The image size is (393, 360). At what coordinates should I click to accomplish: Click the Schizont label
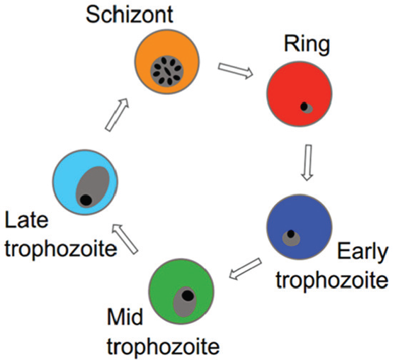click(130, 15)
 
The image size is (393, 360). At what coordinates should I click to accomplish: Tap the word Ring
click(307, 45)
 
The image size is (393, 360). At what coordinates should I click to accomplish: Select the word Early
click(363, 252)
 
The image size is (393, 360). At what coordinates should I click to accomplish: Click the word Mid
click(125, 317)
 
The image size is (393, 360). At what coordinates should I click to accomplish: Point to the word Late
click(27, 220)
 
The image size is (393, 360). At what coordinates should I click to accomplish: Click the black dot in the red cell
click(304, 106)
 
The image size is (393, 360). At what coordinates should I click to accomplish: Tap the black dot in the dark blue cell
click(291, 234)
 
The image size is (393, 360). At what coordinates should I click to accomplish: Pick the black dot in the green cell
click(188, 296)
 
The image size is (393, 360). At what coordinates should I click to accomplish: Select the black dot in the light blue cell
click(86, 200)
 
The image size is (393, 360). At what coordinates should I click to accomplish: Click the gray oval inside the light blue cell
click(93, 186)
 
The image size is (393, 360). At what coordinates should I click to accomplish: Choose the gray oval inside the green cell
click(185, 302)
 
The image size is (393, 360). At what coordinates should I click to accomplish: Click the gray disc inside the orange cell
click(167, 71)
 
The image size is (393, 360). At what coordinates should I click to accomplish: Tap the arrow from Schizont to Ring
click(235, 70)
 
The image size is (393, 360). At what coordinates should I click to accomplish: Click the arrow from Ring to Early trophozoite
click(307, 162)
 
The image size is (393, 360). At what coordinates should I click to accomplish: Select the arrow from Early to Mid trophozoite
click(246, 269)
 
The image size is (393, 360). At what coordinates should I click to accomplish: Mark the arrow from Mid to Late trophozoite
click(125, 239)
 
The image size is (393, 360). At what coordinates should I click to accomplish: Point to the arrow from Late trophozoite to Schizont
click(117, 115)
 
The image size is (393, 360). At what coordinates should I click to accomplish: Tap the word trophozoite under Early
click(332, 281)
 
